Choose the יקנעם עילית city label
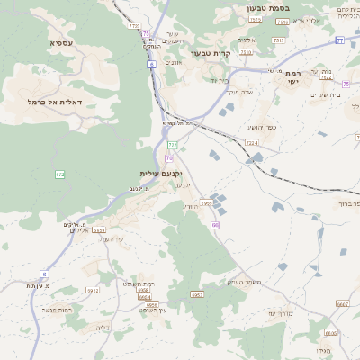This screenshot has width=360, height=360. (x=161, y=173)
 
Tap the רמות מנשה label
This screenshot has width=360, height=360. (x=56, y=310)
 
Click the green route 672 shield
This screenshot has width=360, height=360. (x=59, y=174)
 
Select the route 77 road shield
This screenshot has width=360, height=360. (x=339, y=40)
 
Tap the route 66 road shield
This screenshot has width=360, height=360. (x=216, y=225)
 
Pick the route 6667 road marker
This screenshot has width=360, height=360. (x=343, y=304)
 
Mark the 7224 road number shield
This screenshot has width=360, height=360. (x=251, y=142)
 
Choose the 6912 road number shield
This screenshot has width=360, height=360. (x=93, y=291)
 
